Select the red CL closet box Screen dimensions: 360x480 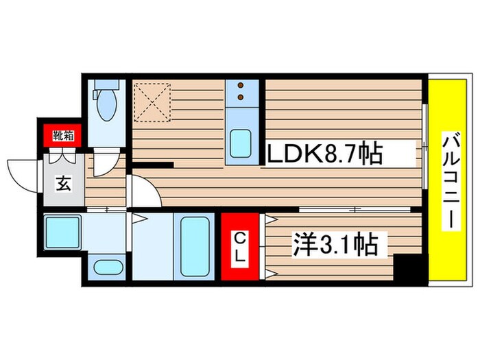(x=240, y=248)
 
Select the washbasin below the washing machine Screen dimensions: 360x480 (x=106, y=269)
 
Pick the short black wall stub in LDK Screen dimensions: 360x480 (x=153, y=165)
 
